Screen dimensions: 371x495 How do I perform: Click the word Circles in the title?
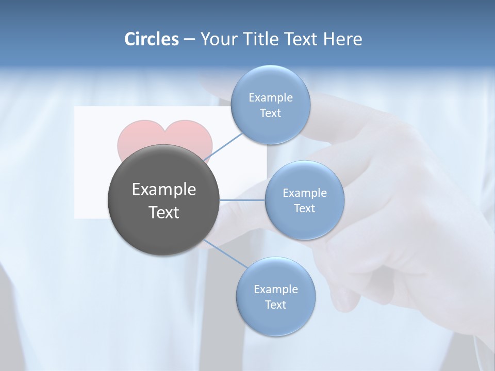click(x=151, y=39)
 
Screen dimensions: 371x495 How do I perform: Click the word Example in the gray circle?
click(x=164, y=190)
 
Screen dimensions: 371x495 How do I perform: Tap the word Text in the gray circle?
click(x=164, y=212)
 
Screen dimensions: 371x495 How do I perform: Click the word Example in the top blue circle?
click(x=270, y=97)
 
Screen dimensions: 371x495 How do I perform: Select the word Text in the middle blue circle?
click(x=304, y=208)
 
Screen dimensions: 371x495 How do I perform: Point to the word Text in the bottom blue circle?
click(x=275, y=305)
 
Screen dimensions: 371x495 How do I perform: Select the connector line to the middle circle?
click(x=242, y=200)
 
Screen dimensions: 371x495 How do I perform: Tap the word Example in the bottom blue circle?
click(x=275, y=289)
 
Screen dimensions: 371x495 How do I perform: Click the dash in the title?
click(x=189, y=39)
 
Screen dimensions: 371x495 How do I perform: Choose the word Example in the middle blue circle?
click(x=304, y=193)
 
